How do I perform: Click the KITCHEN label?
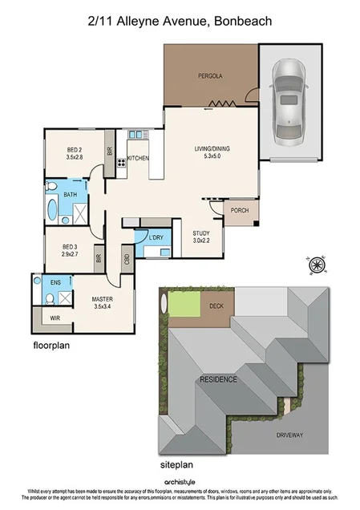pyautogui.click(x=138, y=159)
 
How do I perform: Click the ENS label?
pyautogui.click(x=55, y=283)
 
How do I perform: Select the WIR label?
pyautogui.click(x=56, y=318)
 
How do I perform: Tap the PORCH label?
pyautogui.click(x=238, y=211)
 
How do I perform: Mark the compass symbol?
pyautogui.click(x=315, y=265)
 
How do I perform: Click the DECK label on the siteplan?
pyautogui.click(x=216, y=306)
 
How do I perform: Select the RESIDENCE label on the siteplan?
pyautogui.click(x=218, y=379)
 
